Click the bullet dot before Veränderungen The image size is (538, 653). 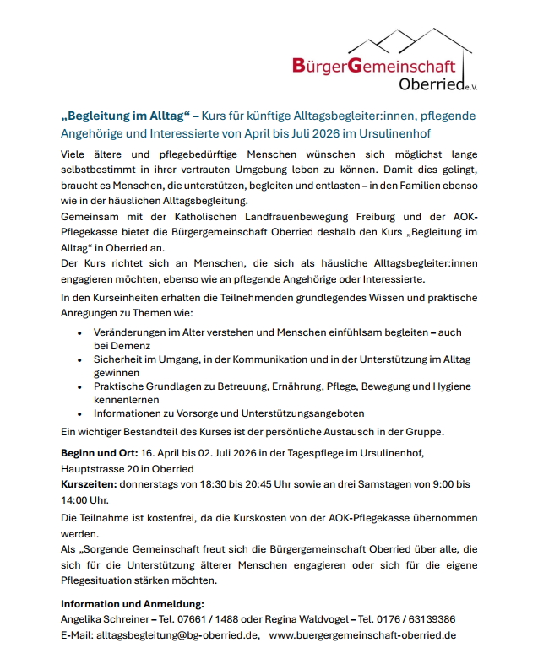pyautogui.click(x=79, y=333)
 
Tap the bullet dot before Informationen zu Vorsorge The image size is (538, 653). pyautogui.click(x=79, y=414)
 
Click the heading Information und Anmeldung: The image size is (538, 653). pyautogui.click(x=133, y=604)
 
